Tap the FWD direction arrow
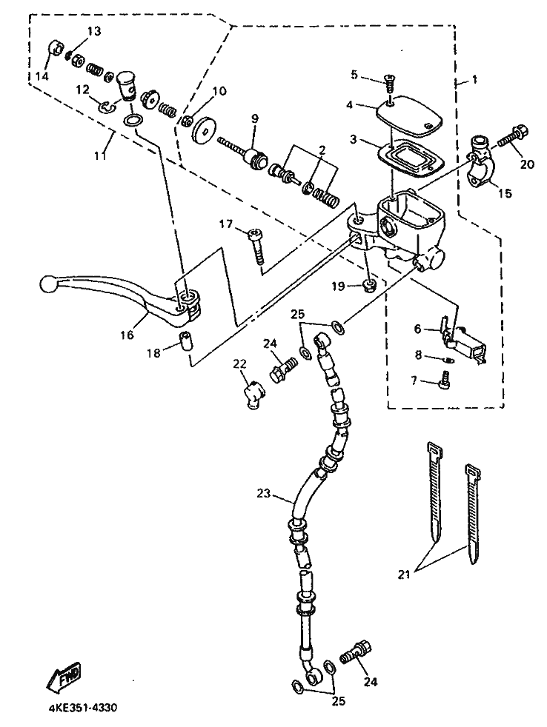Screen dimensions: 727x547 [64, 677]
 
